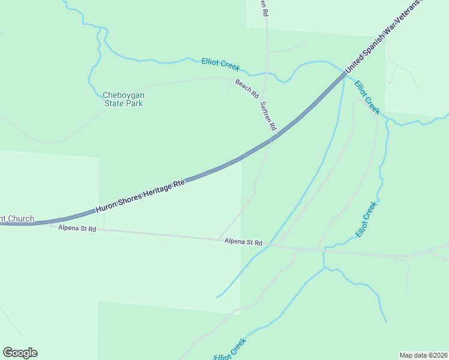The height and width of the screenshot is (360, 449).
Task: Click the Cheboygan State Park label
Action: [124, 99]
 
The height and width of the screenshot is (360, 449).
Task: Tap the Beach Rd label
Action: [247, 89]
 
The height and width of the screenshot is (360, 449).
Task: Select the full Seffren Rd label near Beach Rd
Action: [268, 116]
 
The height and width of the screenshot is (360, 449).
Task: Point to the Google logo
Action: [20, 353]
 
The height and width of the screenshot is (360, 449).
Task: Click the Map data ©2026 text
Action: [423, 355]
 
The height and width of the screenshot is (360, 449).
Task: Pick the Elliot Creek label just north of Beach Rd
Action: [221, 63]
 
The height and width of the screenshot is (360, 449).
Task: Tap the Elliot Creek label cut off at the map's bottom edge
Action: [230, 350]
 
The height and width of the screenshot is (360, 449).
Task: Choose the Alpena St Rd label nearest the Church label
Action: [77, 229]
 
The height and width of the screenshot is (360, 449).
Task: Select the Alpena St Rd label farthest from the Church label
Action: [244, 242]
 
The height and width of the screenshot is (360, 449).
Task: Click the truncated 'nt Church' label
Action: [17, 219]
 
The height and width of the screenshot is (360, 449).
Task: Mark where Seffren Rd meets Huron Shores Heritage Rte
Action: [274, 139]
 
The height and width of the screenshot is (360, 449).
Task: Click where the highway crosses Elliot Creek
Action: [345, 74]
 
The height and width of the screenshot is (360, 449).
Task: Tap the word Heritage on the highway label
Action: [155, 191]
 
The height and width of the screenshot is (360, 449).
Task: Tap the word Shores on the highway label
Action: [128, 200]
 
